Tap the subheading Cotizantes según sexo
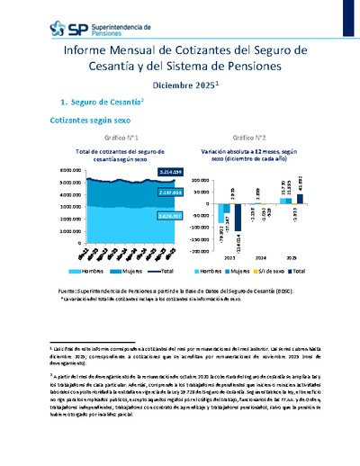click(x=88, y=120)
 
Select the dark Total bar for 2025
click(x=300, y=199)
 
